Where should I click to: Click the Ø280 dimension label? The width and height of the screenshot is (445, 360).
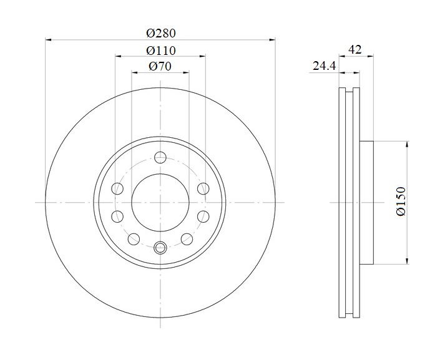point(161,33)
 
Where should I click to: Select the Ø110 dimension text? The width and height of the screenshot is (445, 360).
point(161,51)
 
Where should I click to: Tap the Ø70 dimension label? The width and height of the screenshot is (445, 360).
point(160,66)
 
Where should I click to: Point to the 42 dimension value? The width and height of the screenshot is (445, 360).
point(355,49)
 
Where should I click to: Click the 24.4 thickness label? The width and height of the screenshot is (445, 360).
point(324,66)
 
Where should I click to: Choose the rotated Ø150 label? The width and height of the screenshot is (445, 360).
point(401,201)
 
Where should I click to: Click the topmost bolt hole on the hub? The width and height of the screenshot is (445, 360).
point(160,157)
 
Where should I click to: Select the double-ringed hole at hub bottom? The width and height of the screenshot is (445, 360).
point(160,248)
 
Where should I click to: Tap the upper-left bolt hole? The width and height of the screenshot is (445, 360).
point(117,188)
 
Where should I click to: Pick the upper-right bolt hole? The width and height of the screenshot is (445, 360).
point(203,188)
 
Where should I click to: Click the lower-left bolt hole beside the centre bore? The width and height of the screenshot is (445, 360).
point(117,216)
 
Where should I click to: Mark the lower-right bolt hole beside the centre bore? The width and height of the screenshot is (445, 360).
point(203,216)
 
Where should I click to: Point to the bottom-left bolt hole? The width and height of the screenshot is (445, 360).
point(134,239)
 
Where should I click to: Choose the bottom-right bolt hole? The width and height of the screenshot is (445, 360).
point(187,239)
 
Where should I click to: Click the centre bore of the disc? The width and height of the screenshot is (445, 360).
point(160,202)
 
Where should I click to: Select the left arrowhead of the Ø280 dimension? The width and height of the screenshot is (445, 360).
point(48,40)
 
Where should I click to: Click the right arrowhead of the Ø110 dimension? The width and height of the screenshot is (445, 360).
point(202,56)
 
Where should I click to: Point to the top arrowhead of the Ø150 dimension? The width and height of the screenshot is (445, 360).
point(408,144)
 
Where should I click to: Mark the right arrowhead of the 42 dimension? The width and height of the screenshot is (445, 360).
point(370,56)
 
